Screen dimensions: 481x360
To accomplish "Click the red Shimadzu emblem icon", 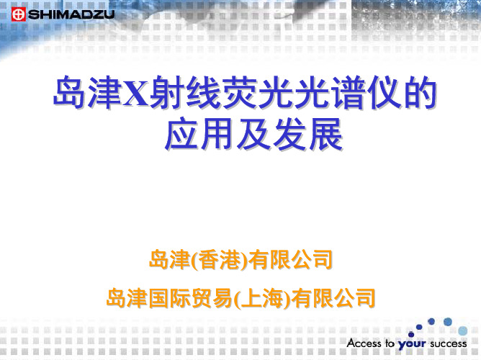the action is [x=19, y=14].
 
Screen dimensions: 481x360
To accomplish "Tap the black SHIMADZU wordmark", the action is [x=71, y=14].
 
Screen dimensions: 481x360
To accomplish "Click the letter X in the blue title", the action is [x=136, y=93].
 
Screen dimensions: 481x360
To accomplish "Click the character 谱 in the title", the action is [x=349, y=93].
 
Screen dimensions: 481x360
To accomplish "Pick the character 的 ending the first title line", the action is [x=421, y=93].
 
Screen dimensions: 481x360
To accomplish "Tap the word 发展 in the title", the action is [x=308, y=134].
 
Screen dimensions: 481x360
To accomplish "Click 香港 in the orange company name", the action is [x=220, y=260].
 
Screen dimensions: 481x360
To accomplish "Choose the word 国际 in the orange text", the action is [x=170, y=298].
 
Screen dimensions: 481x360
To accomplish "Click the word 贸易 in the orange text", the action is [x=212, y=298].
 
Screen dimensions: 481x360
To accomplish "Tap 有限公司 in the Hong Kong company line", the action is [x=290, y=260].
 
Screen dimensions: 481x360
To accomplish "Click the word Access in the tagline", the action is [x=364, y=343].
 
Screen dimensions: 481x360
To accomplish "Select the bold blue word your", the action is [x=412, y=344].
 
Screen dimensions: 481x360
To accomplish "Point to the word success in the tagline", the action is [x=448, y=343].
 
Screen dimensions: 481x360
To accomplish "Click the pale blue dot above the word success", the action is [x=462, y=331].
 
